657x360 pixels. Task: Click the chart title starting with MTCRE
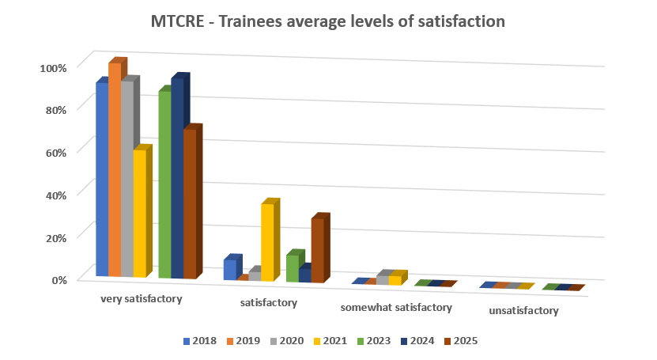coord(327,21)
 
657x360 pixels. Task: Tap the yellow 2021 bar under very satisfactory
coord(139,214)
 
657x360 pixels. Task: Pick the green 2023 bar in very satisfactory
coord(164,186)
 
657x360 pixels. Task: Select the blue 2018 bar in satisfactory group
coord(229,269)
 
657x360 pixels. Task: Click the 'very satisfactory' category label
coord(142,300)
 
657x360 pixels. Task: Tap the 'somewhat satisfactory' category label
coord(396,307)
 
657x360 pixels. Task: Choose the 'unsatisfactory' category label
coord(523,311)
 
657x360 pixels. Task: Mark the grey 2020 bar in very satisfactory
coord(126,178)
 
